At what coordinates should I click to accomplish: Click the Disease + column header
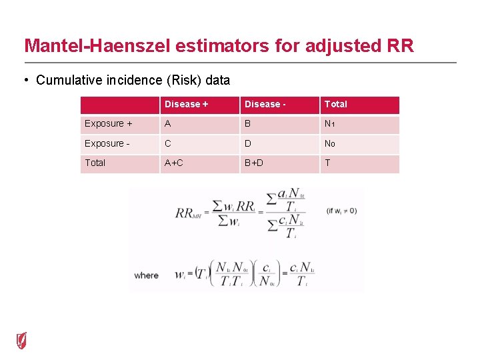pos(186,104)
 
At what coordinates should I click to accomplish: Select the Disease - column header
pos(265,104)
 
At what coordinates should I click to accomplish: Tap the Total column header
pos(336,104)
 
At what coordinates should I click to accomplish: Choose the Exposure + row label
pos(108,124)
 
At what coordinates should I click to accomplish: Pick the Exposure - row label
pos(107,143)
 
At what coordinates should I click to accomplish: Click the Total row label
pos(95,163)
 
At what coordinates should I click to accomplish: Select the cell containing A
pos(168,124)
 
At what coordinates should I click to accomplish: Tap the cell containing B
pos(248,124)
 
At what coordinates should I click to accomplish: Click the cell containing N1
pos(330,124)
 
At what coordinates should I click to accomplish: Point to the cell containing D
pos(248,143)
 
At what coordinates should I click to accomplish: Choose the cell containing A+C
pos(174,163)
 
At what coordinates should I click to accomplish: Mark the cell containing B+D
pos(254,163)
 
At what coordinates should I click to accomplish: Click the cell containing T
pos(327,163)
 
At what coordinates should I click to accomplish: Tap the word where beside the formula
pos(147,275)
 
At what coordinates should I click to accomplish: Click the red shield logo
pos(22,341)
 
